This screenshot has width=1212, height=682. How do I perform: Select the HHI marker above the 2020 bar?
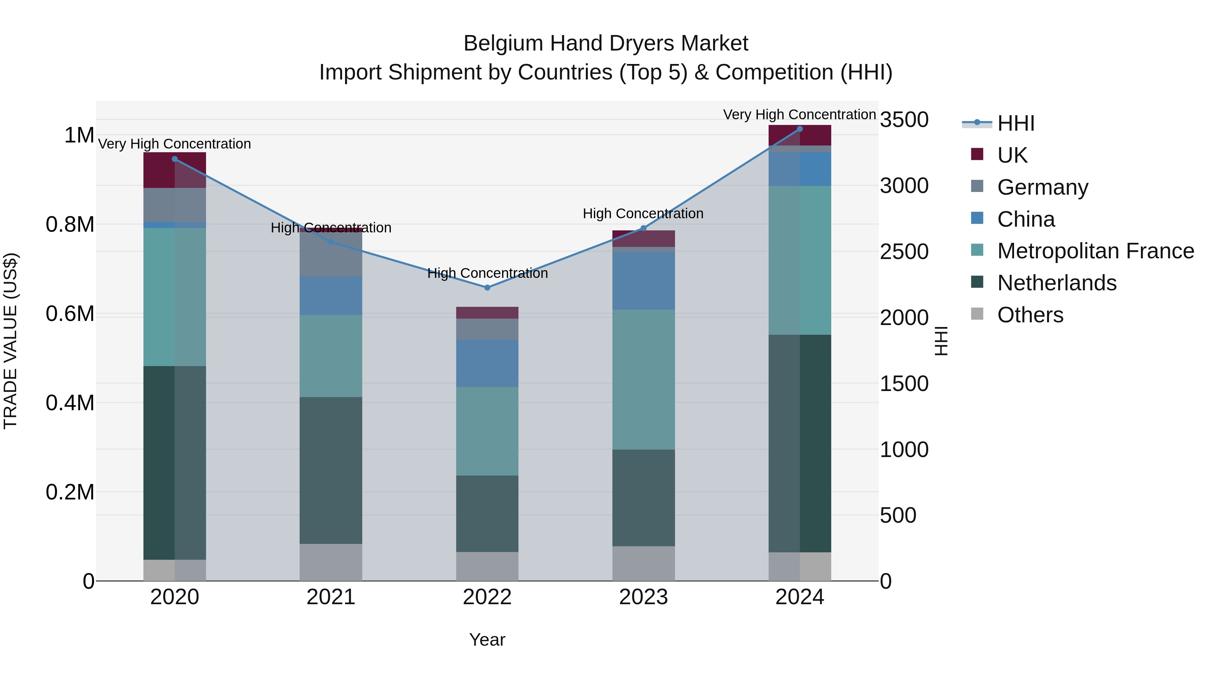(x=174, y=159)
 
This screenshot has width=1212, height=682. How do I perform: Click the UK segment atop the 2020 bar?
(x=174, y=170)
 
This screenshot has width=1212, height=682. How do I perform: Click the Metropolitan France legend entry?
(x=1095, y=251)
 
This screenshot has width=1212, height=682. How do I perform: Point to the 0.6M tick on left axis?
(x=70, y=314)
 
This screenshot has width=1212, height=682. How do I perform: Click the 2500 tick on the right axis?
(x=904, y=252)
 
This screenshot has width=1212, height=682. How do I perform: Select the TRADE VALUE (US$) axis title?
(x=10, y=341)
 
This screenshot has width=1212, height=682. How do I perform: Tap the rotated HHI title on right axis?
(x=941, y=341)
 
